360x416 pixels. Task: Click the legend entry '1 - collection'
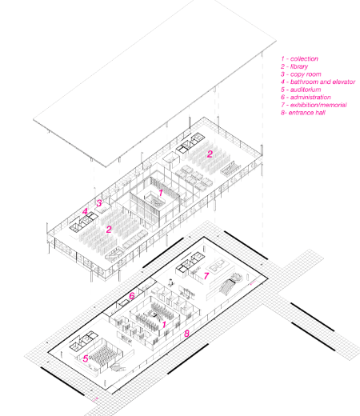point(299,58)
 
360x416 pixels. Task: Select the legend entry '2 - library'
point(294,66)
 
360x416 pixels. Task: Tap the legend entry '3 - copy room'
point(301,74)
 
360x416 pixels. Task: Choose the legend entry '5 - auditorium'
point(301,90)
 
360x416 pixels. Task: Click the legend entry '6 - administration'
point(306,98)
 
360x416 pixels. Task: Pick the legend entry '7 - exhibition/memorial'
point(314,105)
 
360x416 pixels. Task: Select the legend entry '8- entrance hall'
point(303,113)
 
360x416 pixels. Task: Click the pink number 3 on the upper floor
point(99,203)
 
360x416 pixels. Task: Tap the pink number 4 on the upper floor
point(85,211)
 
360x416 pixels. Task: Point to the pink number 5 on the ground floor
point(86,358)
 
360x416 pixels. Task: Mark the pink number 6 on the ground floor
point(132,296)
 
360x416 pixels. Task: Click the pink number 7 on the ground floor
point(206,276)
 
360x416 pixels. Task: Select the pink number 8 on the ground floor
point(186,334)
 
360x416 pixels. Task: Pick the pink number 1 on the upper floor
point(161,193)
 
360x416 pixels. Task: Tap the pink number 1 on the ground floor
point(164,325)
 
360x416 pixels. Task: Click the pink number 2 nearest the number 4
point(109,230)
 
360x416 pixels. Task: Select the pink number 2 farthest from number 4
point(210,154)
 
